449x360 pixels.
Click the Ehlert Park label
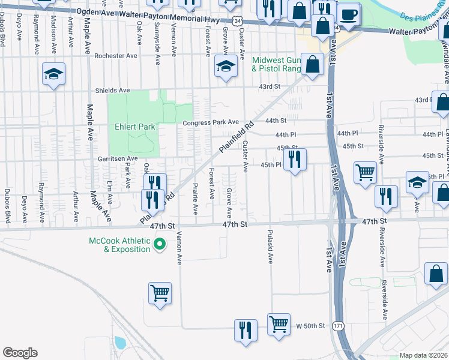click(135, 127)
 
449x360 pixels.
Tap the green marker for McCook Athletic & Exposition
click(160, 244)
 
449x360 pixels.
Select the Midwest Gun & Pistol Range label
click(276, 65)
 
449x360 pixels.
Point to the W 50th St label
click(310, 326)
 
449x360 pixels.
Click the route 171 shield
click(339, 326)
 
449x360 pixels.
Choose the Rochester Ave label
click(116, 56)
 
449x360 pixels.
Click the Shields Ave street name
click(112, 91)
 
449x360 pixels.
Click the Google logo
click(20, 352)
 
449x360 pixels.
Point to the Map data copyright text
click(424, 355)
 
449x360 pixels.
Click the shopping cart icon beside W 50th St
click(279, 324)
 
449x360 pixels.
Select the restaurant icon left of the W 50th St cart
click(246, 330)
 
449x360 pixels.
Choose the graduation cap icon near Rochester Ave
click(226, 67)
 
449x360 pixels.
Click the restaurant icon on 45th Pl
click(295, 159)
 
